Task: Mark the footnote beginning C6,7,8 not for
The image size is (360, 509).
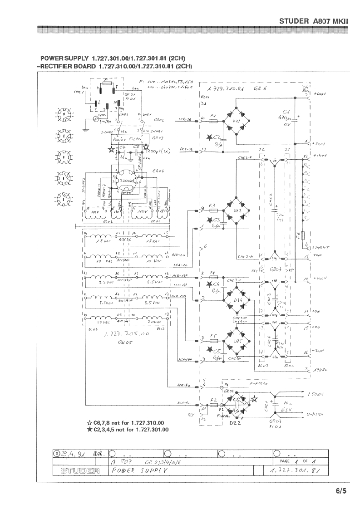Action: click(x=128, y=423)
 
